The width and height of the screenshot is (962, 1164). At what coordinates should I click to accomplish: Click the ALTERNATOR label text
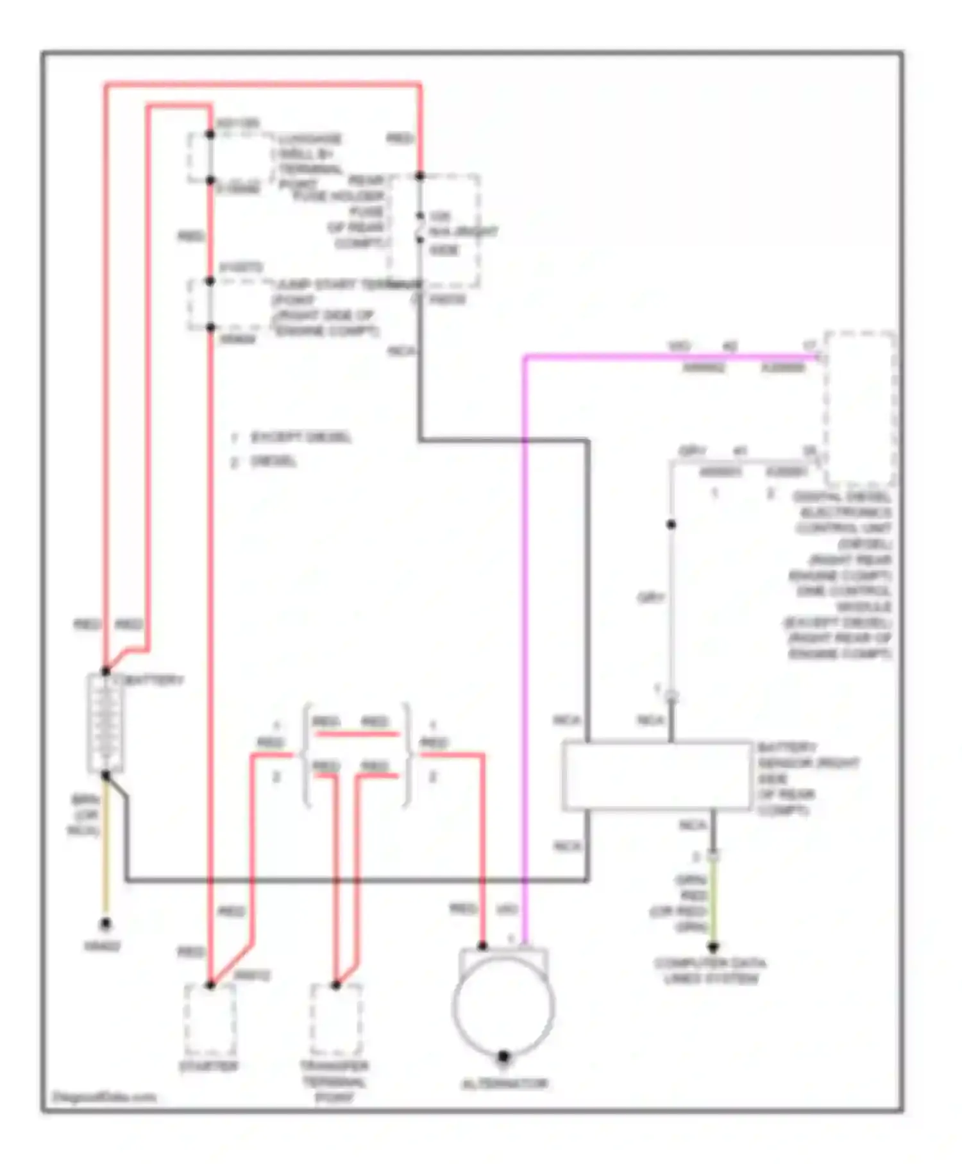(505, 1084)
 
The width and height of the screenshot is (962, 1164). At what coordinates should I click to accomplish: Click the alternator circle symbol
(503, 1006)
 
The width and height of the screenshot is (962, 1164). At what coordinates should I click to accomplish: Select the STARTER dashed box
(210, 1021)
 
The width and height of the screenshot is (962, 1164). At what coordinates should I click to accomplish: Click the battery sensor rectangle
(656, 776)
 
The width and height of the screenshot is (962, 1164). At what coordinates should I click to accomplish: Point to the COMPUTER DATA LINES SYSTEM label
(710, 971)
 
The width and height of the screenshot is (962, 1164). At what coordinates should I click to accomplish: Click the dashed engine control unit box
(859, 408)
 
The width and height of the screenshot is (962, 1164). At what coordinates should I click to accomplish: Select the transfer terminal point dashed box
(335, 1021)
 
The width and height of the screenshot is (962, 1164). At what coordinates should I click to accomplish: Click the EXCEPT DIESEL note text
(300, 438)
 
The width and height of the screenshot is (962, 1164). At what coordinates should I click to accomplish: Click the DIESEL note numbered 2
(273, 461)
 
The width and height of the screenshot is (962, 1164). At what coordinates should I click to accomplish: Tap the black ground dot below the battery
(105, 923)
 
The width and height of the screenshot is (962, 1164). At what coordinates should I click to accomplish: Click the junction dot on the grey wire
(671, 524)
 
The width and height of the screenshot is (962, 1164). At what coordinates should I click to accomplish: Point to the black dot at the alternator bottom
(503, 1056)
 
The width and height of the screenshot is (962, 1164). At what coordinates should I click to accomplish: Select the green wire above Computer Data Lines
(713, 902)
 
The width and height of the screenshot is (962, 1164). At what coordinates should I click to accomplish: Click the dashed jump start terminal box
(231, 305)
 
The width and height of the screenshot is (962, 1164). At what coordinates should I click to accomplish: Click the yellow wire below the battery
(105, 853)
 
